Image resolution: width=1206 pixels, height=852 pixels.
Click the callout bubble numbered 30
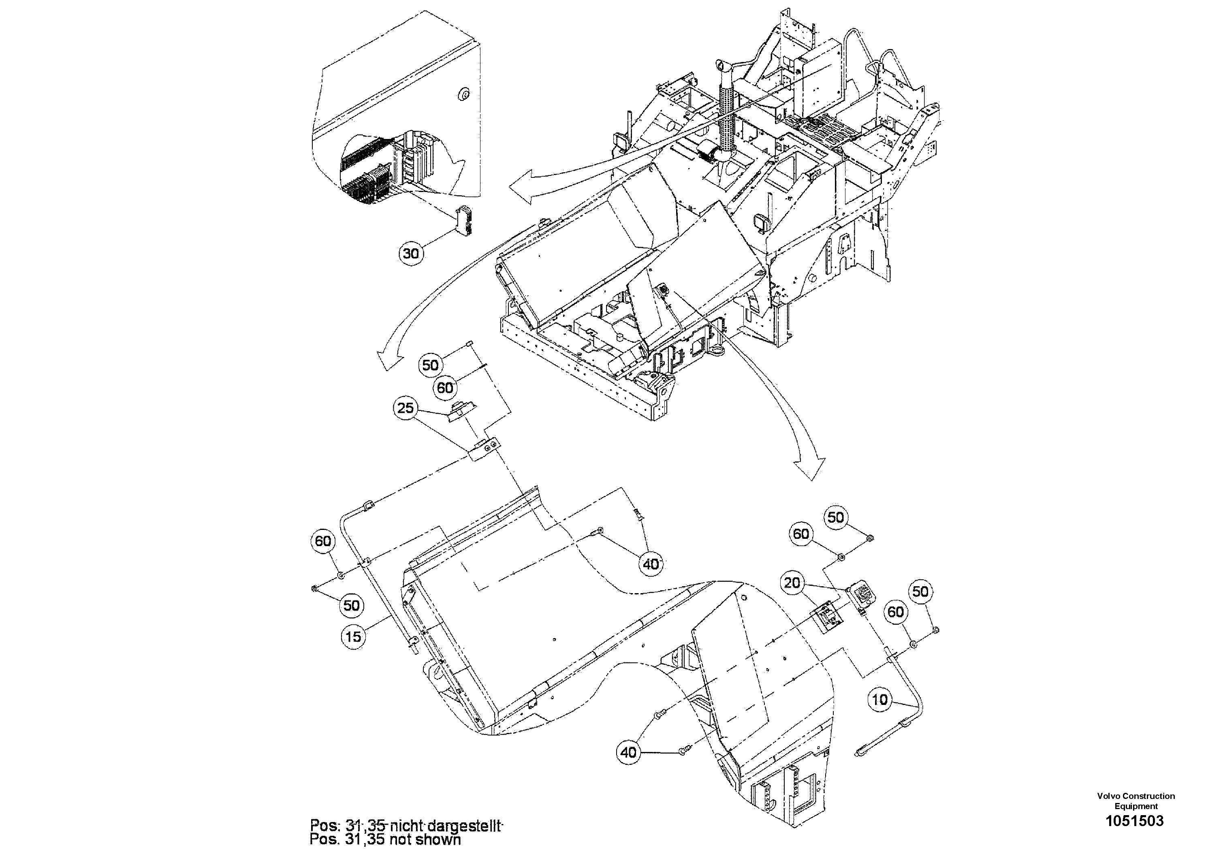pos(411,253)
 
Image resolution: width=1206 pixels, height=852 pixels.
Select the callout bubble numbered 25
pos(406,408)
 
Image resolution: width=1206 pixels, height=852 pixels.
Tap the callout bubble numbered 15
pos(354,636)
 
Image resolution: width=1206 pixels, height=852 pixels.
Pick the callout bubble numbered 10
pos(880,699)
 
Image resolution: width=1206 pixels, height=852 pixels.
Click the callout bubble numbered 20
pos(792,583)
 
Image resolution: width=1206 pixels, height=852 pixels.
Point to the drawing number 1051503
pos(1135,820)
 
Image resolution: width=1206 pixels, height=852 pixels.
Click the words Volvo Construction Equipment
pos(1136,801)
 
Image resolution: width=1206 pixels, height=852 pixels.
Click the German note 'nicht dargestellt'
pos(446,826)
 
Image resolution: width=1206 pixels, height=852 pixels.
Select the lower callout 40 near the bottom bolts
pos(628,753)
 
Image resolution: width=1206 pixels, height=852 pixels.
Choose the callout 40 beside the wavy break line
pos(651,564)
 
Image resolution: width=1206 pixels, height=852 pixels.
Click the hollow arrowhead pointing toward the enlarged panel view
pos(523,188)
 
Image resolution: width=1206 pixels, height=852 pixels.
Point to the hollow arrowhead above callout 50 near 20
pos(809,468)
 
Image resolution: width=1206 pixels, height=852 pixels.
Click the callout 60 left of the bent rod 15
pos(323,541)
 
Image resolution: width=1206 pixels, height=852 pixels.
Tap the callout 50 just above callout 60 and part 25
pos(430,365)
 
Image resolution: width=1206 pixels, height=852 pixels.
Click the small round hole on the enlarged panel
pos(464,94)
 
